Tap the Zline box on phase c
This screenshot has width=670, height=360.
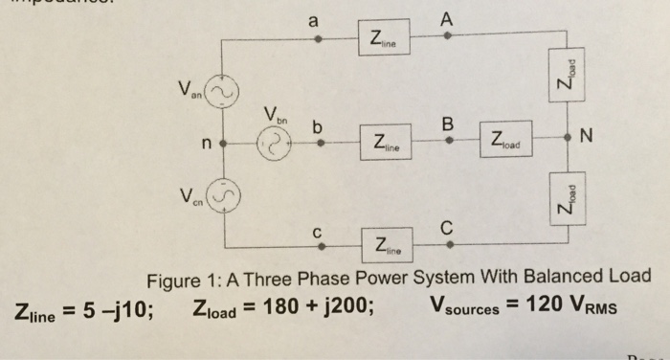pos(386,246)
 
